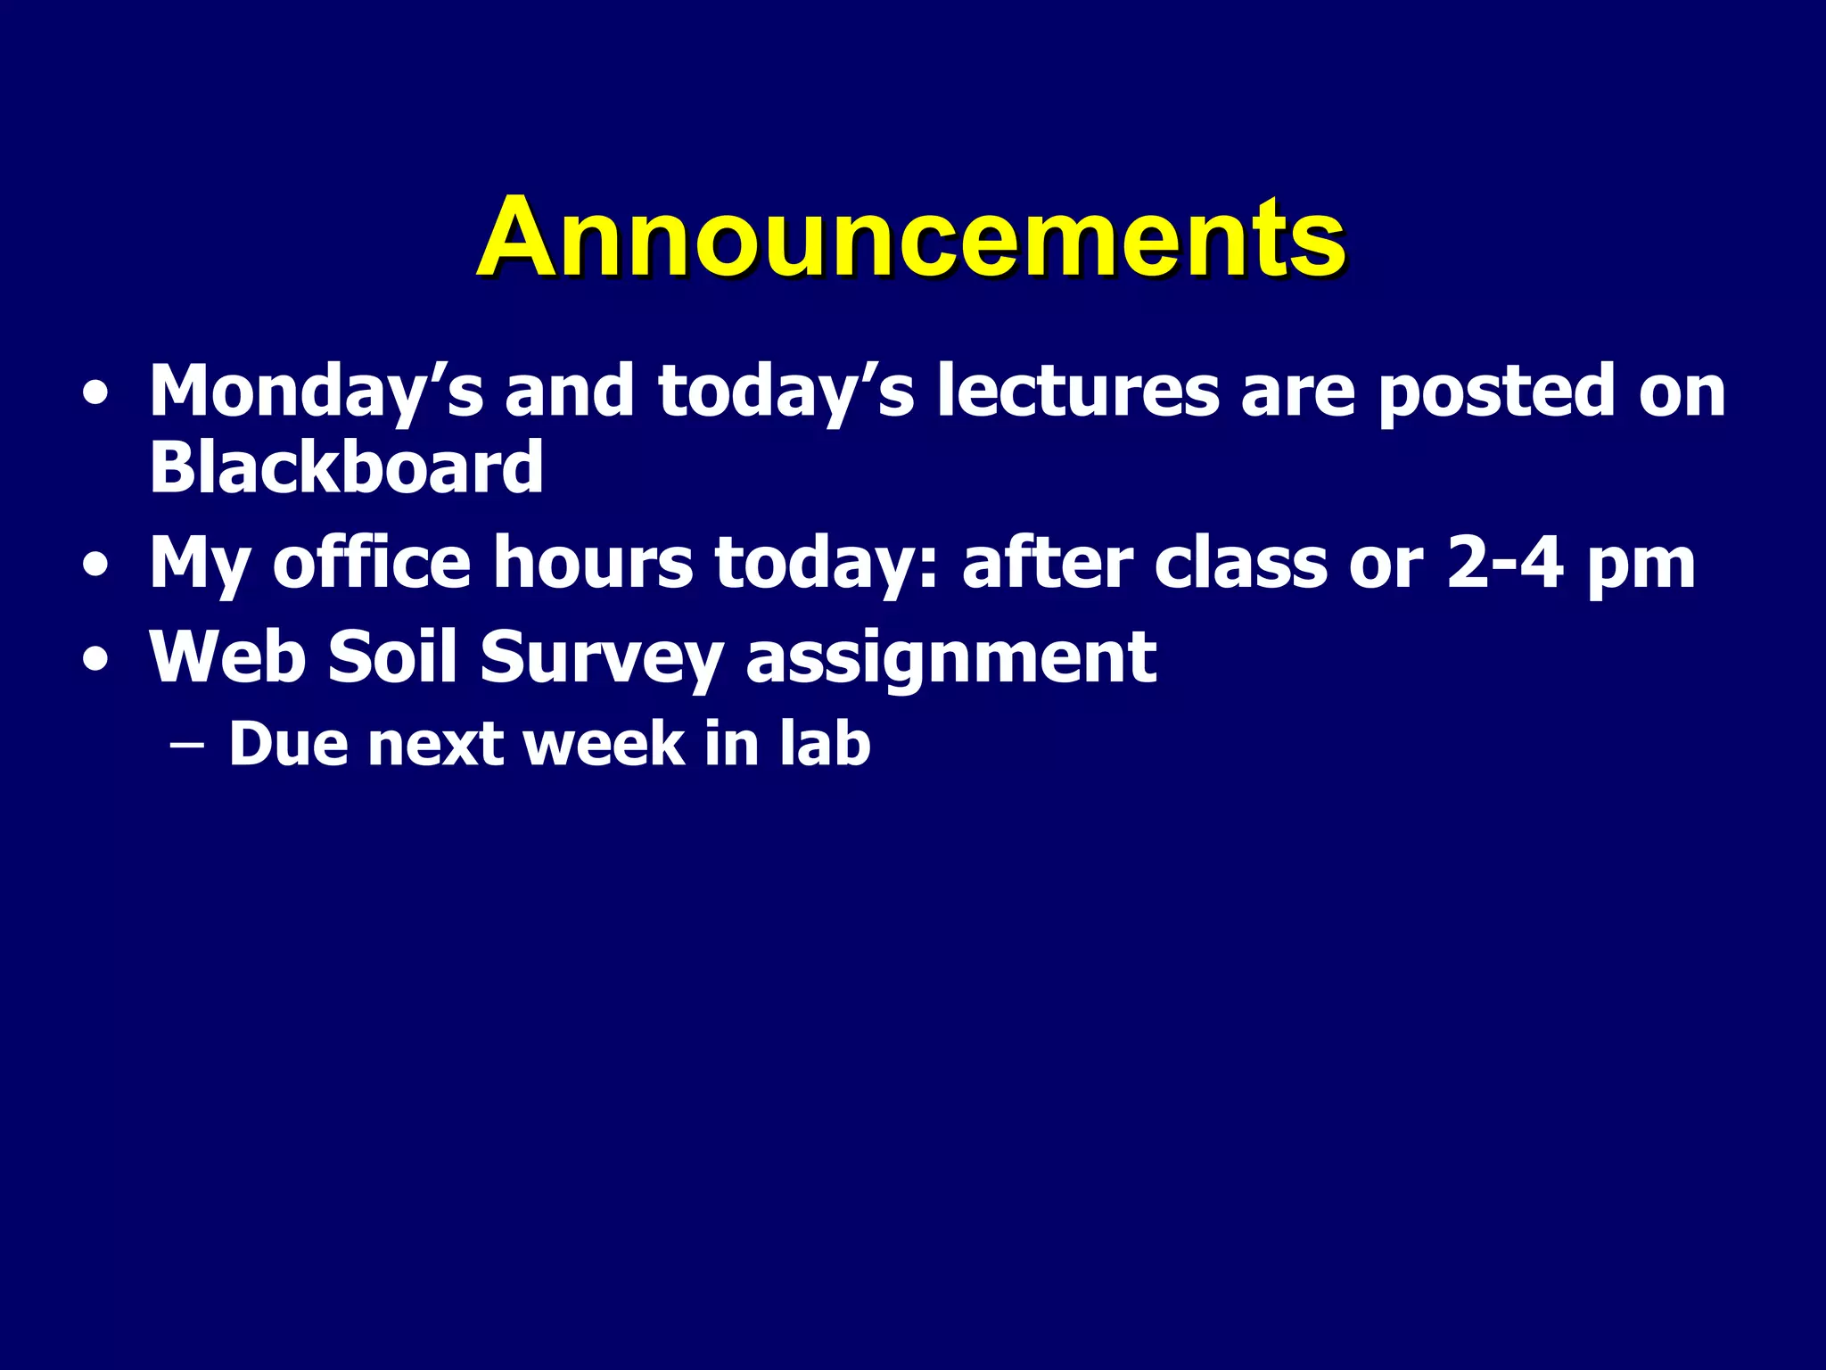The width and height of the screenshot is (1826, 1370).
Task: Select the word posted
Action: pyautogui.click(x=1496, y=392)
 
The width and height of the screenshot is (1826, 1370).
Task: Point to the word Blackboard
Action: pyautogui.click(x=346, y=467)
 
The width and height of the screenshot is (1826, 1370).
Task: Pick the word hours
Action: pyautogui.click(x=592, y=564)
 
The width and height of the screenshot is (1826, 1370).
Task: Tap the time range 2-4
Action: pyautogui.click(x=1505, y=564)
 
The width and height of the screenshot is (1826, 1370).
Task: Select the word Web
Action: pyautogui.click(x=227, y=657)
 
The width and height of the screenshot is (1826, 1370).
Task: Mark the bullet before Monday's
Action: pyautogui.click(x=95, y=394)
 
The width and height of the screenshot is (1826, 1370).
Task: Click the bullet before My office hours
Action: pyautogui.click(x=95, y=565)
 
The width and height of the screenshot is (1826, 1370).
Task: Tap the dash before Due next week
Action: pyautogui.click(x=185, y=746)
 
